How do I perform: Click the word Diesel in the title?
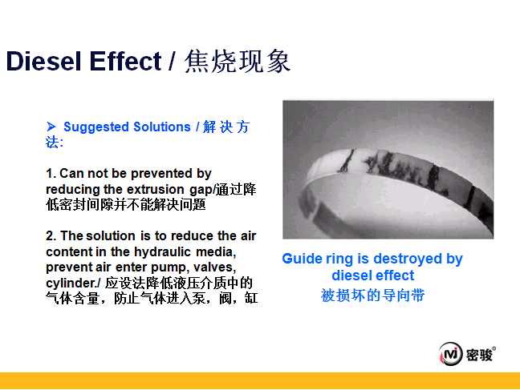click(x=43, y=61)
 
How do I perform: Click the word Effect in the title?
click(x=125, y=61)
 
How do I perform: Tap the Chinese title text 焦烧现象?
click(x=238, y=61)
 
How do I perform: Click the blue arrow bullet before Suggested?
click(x=51, y=127)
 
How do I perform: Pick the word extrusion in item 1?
click(x=156, y=189)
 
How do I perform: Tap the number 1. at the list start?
click(x=51, y=174)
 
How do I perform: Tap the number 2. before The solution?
click(x=51, y=236)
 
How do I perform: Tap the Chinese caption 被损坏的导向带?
click(x=373, y=295)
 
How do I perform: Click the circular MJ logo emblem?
click(x=451, y=354)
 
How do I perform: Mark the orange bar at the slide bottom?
click(x=260, y=380)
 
